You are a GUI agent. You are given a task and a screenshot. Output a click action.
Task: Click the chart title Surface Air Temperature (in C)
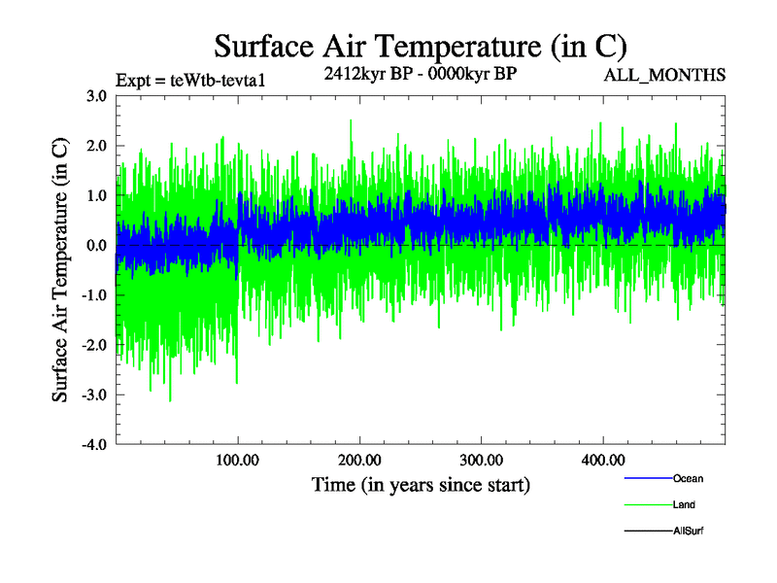click(420, 46)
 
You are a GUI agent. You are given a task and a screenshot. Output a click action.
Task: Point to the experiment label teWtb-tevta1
click(189, 80)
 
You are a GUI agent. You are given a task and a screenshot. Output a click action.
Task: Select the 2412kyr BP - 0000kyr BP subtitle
click(420, 72)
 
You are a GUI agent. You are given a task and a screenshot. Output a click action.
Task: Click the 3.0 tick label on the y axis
click(96, 96)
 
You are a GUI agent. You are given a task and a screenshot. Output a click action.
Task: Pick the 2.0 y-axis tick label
click(96, 146)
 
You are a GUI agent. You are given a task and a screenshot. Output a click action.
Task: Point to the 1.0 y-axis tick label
click(96, 195)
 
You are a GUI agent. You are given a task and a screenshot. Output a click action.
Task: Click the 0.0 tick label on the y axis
click(96, 246)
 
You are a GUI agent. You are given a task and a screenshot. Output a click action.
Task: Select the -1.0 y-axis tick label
click(94, 295)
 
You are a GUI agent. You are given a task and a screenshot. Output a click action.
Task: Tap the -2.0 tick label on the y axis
click(94, 345)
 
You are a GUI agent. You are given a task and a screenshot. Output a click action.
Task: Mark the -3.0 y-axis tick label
click(94, 395)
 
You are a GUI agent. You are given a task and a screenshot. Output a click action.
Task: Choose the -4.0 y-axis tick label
click(94, 445)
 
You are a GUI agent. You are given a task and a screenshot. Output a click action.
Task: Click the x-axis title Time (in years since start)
click(421, 484)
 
